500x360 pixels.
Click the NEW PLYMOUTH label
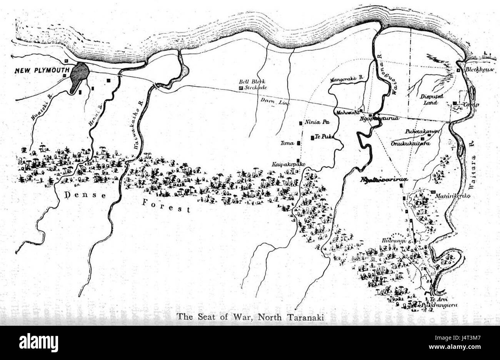point(42,71)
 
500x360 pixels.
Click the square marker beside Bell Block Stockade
point(241,88)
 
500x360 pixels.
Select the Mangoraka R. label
point(346,79)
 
